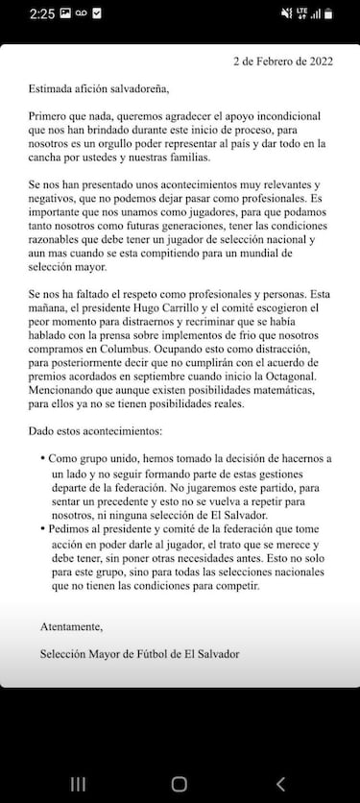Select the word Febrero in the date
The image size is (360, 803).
271,61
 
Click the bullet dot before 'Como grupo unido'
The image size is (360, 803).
43,460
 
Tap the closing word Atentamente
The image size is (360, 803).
71,626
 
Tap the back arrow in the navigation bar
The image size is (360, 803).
280,784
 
